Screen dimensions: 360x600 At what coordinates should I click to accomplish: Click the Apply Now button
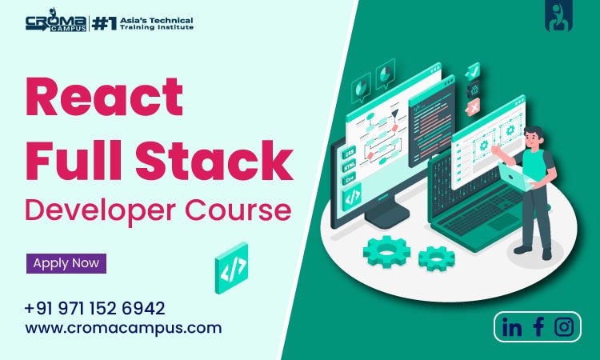66,262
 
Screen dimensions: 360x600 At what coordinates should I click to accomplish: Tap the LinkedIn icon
512,326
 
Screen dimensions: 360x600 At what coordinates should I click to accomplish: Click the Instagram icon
565,326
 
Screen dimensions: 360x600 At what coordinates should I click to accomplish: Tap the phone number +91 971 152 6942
94,308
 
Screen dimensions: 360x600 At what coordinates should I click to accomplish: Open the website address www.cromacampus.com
123,327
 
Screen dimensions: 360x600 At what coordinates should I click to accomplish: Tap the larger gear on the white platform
386,250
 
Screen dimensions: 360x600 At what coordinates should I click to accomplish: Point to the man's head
535,135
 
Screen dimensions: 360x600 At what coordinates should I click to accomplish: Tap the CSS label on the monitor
349,153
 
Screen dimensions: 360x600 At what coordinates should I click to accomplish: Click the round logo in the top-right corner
557,18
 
